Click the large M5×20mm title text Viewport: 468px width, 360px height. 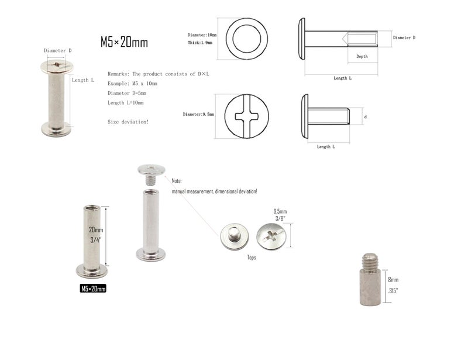pyautogui.click(x=124, y=42)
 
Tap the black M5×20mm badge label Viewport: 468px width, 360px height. pyautogui.click(x=93, y=289)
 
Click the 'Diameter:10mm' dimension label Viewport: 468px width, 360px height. pyautogui.click(x=202, y=35)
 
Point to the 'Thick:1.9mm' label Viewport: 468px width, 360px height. pyautogui.click(x=200, y=43)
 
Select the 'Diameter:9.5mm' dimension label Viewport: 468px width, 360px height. pyautogui.click(x=198, y=114)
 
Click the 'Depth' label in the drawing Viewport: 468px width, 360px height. pyautogui.click(x=362, y=56)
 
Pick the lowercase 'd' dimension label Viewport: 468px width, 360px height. pyautogui.click(x=365, y=117)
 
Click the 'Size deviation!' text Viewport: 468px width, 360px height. pyautogui.click(x=128, y=122)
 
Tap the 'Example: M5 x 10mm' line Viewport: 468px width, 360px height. pyautogui.click(x=132, y=83)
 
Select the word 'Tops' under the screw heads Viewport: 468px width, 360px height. pyautogui.click(x=252, y=257)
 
